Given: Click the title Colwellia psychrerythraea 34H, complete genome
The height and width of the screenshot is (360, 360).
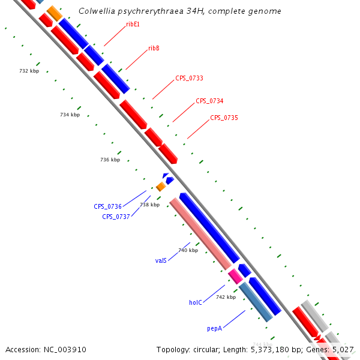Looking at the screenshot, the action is [180, 11].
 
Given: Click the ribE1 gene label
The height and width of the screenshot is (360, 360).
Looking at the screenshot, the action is [133, 25].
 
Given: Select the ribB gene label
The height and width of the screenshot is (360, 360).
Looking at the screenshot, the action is [154, 48].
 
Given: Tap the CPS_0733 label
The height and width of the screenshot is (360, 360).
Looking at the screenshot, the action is [189, 79].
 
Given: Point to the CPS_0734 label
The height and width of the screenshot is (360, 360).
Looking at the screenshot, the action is [209, 101].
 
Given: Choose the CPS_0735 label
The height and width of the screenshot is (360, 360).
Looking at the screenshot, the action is [224, 118].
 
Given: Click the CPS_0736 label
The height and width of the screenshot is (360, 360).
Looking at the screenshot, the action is [107, 206].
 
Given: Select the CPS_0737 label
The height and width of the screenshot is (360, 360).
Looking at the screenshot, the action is [116, 217].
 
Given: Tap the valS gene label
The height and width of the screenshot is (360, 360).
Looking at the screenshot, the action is [161, 261].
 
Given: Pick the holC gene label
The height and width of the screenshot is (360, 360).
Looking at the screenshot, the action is [196, 303].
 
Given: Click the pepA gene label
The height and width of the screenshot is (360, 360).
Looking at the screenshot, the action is [215, 328].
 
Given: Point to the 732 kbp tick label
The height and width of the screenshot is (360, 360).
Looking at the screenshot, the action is [29, 71].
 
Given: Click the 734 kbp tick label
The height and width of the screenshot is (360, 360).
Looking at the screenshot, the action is [70, 115].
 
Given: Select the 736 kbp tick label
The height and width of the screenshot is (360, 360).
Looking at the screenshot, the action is [110, 160].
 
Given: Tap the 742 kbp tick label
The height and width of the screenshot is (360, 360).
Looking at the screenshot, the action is [226, 297].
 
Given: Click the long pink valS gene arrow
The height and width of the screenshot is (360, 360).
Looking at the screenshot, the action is [200, 233].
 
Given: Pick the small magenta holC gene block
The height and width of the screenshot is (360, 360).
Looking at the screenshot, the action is [235, 276].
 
